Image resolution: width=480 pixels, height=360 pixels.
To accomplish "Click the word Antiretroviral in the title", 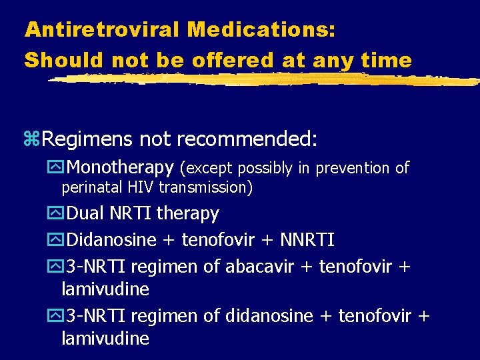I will pyautogui.click(x=102, y=29).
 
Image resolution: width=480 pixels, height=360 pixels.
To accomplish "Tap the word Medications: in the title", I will pyautogui.click(x=261, y=29).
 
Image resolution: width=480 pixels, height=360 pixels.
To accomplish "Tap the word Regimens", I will pyautogui.click(x=91, y=140).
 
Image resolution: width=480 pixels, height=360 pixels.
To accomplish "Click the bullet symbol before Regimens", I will pyautogui.click(x=32, y=140).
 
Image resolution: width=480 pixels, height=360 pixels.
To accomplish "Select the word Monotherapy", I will pyautogui.click(x=121, y=167).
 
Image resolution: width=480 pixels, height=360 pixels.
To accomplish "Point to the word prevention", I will pyautogui.click(x=353, y=168).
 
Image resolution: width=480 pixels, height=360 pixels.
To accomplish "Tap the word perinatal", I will pyautogui.click(x=88, y=187).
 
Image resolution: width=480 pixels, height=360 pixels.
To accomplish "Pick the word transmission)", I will pyautogui.click(x=205, y=187).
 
